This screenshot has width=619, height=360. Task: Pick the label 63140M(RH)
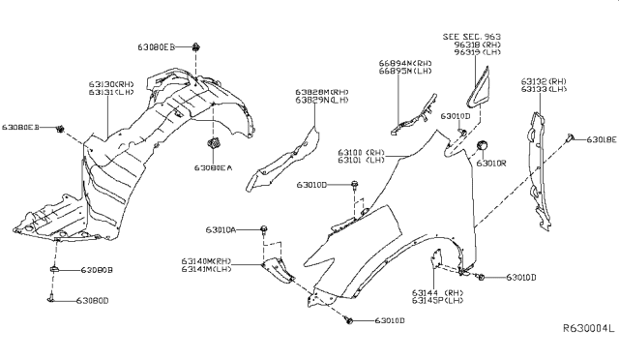coord(205,262)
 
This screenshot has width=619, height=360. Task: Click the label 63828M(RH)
coord(322,92)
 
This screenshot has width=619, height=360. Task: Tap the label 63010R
coord(490,163)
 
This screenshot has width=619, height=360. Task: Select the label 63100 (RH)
coord(361,153)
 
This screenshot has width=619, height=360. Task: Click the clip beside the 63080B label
coord(54,269)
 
